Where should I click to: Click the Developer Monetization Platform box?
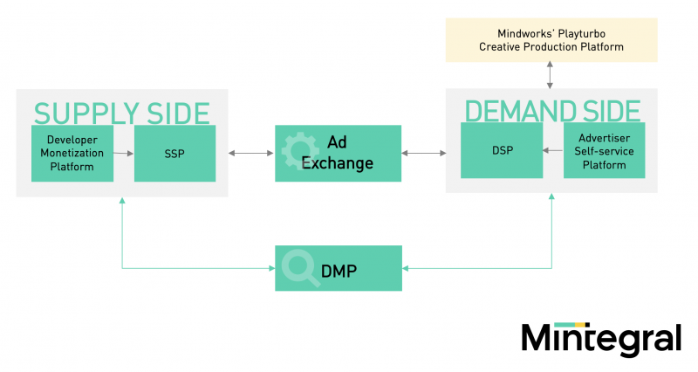[x=72, y=154]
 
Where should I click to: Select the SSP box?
[x=175, y=154]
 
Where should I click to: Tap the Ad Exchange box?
[x=338, y=154]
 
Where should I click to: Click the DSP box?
[x=502, y=150]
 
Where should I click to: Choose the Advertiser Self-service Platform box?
[x=604, y=150]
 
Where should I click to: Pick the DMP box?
[x=339, y=268]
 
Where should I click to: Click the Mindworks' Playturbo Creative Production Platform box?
[x=551, y=40]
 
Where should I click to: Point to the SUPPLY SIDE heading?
[x=121, y=114]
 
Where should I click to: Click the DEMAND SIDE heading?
[x=552, y=111]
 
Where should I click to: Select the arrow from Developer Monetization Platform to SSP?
[x=124, y=154]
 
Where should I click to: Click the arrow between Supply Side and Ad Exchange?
[x=251, y=154]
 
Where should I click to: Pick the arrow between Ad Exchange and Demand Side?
[x=423, y=154]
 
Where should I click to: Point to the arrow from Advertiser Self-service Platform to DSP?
[x=553, y=150]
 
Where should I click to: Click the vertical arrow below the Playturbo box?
[x=551, y=75]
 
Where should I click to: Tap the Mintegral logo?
[x=601, y=339]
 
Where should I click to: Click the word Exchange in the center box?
[x=338, y=163]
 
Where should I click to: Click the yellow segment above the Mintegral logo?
[x=580, y=325]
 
